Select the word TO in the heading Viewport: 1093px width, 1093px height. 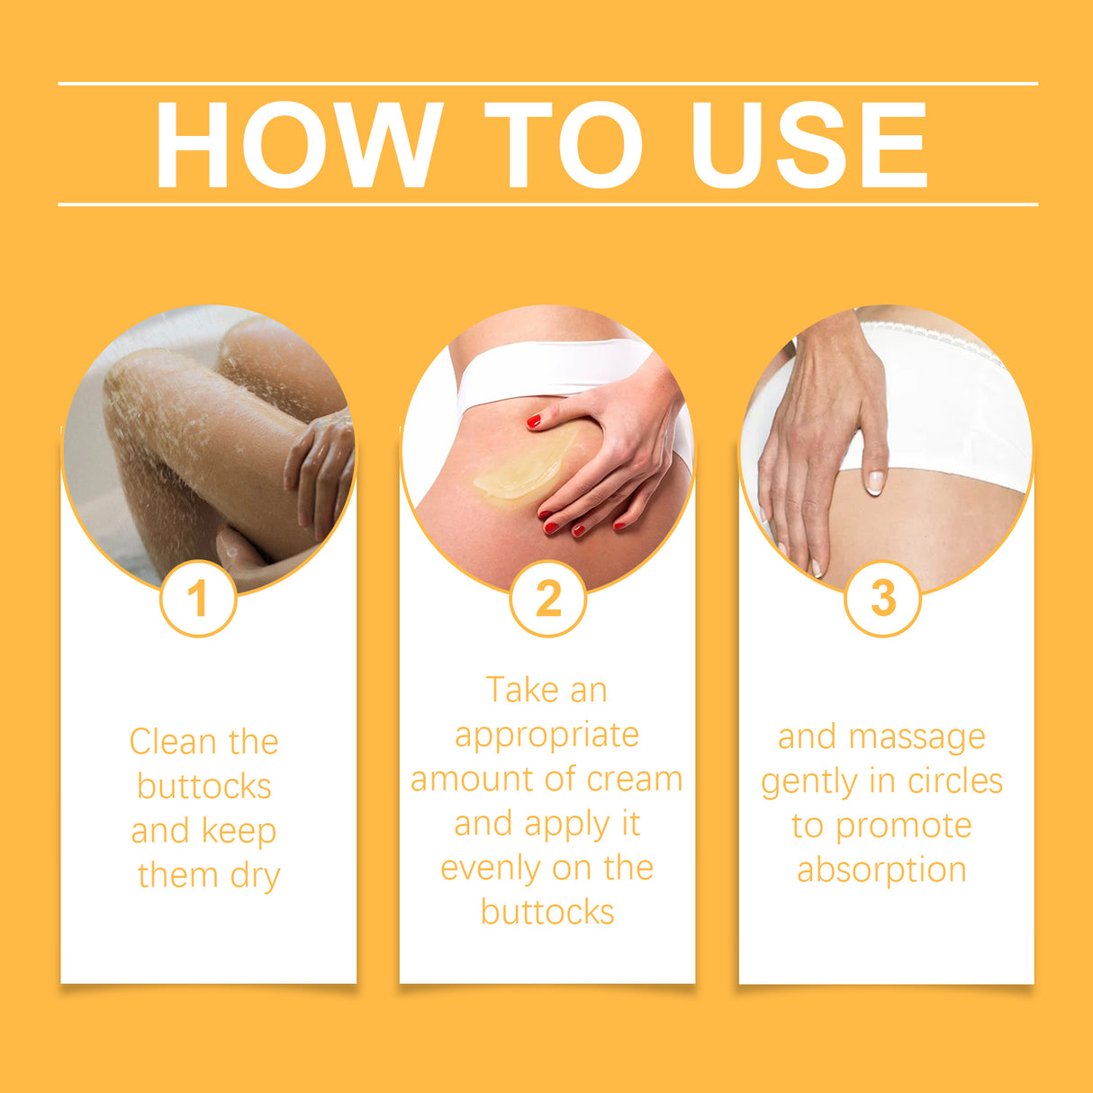click(565, 145)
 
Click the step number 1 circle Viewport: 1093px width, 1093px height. click(198, 599)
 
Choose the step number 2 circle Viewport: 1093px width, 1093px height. click(547, 599)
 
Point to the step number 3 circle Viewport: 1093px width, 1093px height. click(882, 599)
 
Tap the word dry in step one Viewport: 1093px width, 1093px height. click(256, 876)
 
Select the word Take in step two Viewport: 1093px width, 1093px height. click(521, 691)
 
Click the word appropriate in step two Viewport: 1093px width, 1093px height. click(546, 736)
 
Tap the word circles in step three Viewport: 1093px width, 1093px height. click(954, 781)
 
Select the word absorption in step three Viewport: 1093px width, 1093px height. click(881, 871)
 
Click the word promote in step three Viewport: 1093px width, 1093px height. click(903, 827)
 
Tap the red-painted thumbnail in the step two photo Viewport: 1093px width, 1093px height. click(534, 420)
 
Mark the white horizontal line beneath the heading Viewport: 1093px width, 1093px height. click(547, 204)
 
